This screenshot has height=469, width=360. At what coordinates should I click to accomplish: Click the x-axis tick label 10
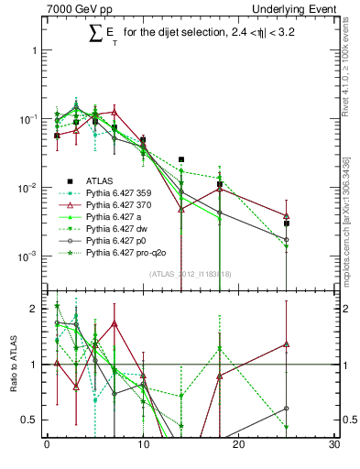(x=143, y=446)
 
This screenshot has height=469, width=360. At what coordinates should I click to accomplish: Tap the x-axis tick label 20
(x=239, y=446)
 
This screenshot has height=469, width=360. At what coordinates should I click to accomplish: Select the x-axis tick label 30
(x=334, y=446)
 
